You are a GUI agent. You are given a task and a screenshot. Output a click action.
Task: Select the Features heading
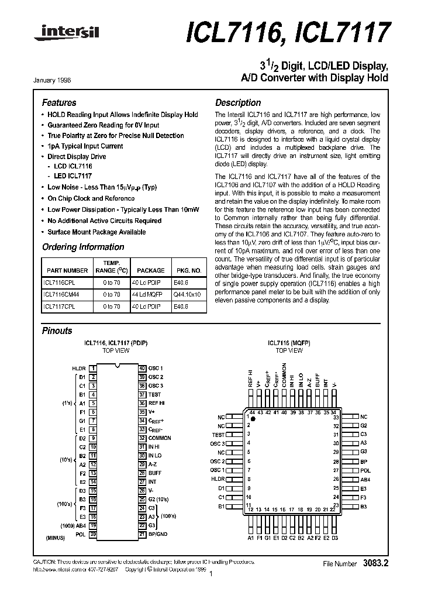click(x=59, y=103)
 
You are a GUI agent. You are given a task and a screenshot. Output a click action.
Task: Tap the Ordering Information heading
click(x=83, y=247)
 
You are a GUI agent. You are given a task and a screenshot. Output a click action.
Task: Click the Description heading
click(x=238, y=103)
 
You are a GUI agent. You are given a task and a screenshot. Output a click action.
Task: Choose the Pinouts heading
click(x=57, y=331)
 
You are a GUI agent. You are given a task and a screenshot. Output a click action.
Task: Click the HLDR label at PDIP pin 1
click(x=79, y=369)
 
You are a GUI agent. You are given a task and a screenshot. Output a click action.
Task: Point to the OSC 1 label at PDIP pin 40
click(x=156, y=369)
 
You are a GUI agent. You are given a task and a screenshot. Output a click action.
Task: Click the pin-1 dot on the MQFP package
click(x=253, y=420)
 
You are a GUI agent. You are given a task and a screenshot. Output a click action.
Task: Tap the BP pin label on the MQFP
click(x=363, y=462)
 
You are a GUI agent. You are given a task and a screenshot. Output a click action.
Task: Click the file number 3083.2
click(x=375, y=563)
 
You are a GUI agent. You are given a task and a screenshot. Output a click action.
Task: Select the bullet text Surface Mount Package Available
click(x=96, y=232)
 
